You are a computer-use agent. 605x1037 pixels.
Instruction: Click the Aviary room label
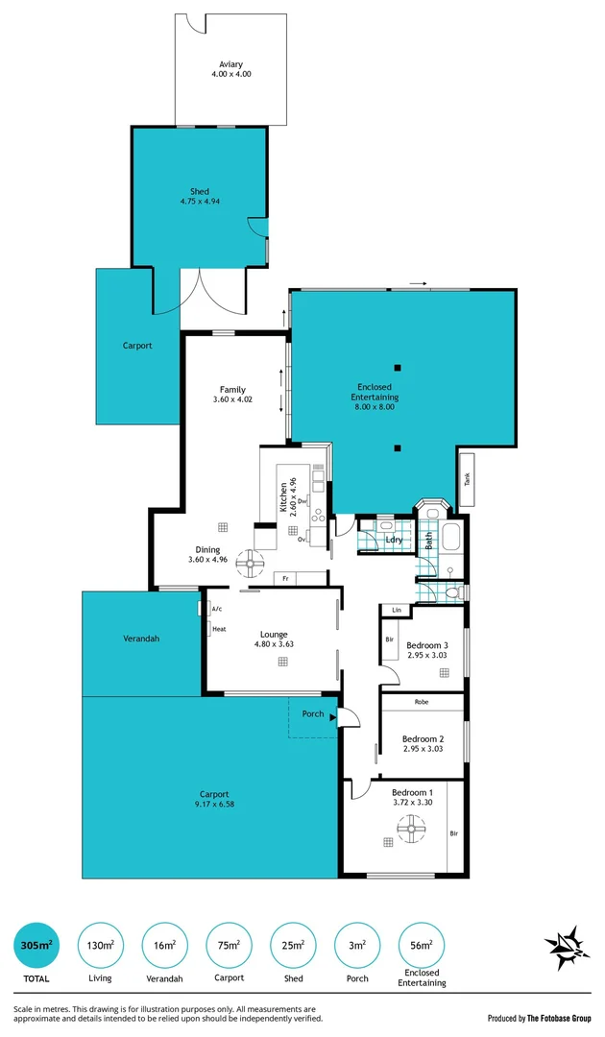(x=230, y=64)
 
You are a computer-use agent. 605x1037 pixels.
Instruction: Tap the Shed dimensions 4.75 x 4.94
(x=200, y=202)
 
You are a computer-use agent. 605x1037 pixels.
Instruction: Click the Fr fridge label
(x=286, y=579)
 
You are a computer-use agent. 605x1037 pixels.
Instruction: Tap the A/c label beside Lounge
(x=217, y=609)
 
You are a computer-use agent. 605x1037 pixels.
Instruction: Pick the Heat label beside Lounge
(x=219, y=629)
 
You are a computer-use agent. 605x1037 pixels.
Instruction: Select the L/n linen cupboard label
(x=395, y=610)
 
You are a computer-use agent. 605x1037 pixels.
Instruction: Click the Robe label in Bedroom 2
(x=422, y=703)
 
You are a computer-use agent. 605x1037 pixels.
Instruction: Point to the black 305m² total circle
(x=36, y=946)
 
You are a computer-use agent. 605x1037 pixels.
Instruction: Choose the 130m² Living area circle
(x=100, y=946)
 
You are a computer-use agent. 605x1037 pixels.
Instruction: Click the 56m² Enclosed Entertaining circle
(x=423, y=946)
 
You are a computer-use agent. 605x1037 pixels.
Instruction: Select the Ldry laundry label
(x=394, y=540)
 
